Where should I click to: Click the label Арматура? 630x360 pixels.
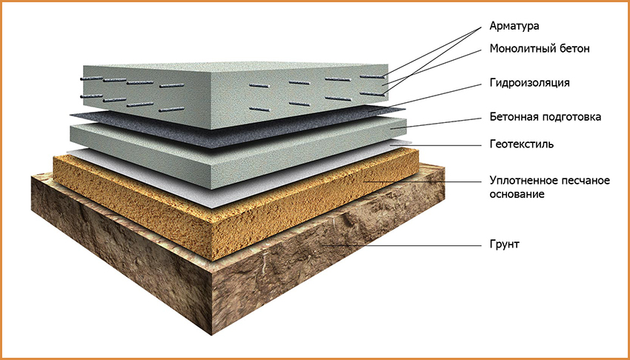(x=514, y=27)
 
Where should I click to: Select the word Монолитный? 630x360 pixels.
(x=523, y=49)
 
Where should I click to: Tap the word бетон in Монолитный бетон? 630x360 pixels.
(x=574, y=49)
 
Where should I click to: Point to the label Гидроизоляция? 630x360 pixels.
(x=529, y=83)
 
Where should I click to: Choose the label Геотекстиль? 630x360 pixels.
(x=522, y=144)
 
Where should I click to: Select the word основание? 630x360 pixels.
(x=517, y=194)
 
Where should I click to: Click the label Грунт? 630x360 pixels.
(x=505, y=244)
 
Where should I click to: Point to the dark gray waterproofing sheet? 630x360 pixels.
(x=237, y=129)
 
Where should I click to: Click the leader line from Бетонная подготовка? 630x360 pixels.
(x=436, y=123)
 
